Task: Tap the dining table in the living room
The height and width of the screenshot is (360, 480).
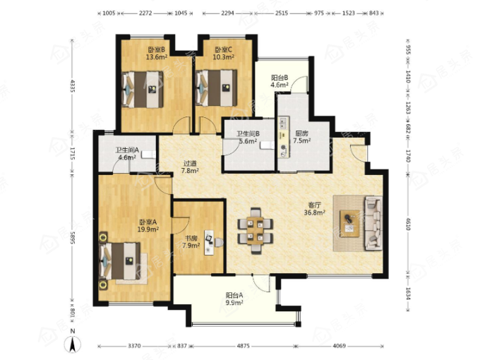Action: click(255, 231)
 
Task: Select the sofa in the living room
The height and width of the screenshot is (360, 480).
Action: click(373, 223)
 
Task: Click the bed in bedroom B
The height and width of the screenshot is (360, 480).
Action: click(143, 90)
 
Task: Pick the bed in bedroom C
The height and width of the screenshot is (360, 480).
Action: click(217, 88)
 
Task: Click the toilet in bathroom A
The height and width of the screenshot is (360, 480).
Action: click(149, 155)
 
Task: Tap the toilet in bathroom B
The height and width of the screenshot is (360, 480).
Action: click(268, 145)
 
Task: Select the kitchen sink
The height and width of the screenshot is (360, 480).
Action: click(282, 123)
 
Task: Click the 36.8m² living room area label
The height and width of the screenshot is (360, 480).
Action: click(314, 212)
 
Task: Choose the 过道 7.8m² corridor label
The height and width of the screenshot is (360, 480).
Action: click(190, 167)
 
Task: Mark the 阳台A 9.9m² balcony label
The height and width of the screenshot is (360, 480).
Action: click(234, 299)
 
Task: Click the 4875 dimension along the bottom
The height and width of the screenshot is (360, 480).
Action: click(244, 346)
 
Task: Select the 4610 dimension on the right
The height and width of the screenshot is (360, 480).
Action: click(408, 224)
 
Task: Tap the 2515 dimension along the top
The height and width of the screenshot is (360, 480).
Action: click(282, 13)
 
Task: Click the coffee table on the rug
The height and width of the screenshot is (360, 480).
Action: click(349, 224)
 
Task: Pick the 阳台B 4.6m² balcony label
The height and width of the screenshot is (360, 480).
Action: click(280, 81)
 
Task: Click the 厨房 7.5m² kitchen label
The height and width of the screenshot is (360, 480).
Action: click(302, 137)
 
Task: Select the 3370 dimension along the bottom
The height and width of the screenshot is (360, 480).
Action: click(134, 346)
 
